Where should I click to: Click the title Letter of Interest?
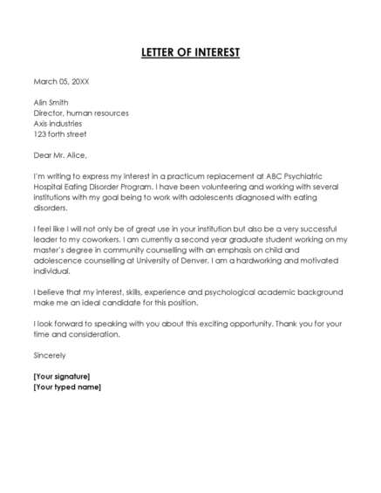pyautogui.click(x=190, y=52)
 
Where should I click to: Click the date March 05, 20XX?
pyautogui.click(x=61, y=81)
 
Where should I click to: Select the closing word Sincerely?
pyautogui.click(x=49, y=355)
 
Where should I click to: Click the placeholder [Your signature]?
pyautogui.click(x=61, y=376)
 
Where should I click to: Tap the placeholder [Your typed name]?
pyautogui.click(x=66, y=387)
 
